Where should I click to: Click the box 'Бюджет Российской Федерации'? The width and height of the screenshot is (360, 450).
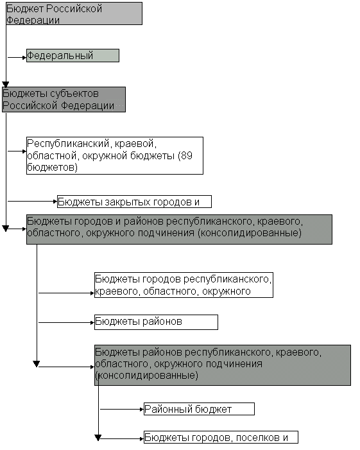74,13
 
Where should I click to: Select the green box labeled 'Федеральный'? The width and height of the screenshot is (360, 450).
73,55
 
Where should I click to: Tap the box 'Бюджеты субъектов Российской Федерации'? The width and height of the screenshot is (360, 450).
64,100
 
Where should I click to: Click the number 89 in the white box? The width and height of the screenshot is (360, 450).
187,155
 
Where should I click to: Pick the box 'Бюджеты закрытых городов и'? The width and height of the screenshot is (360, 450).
134,202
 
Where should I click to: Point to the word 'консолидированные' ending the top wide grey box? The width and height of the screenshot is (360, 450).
250,233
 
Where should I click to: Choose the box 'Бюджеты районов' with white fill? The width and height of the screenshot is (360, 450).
156,322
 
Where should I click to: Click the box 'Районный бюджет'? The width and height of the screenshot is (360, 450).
199,409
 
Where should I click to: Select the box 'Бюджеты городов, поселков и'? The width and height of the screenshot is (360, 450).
221,437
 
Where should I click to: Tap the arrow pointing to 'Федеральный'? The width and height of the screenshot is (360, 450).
17,57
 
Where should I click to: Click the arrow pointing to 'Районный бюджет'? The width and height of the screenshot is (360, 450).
122,410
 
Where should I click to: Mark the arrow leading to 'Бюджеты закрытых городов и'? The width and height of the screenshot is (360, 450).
33,202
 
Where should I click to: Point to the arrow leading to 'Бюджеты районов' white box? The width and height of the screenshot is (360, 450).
67,323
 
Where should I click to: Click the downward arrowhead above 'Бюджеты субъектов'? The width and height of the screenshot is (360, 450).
5,84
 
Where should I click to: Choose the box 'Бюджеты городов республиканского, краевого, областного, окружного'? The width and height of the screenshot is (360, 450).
184,285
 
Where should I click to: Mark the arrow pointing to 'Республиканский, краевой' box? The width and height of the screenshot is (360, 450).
17,151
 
